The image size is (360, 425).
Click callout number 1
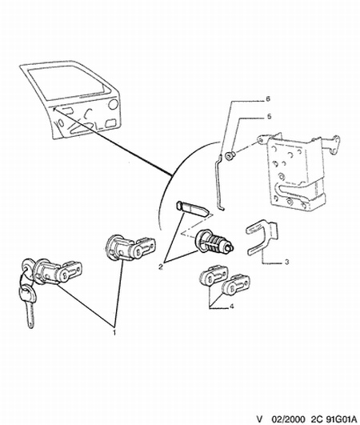pyautogui.click(x=114, y=332)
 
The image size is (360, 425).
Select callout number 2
pyautogui.click(x=161, y=267)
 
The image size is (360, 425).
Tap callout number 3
pyautogui.click(x=287, y=262)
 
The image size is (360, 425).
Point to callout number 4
pyautogui.click(x=232, y=307)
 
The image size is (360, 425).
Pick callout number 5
pyautogui.click(x=269, y=117)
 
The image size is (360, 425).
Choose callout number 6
pyautogui.click(x=268, y=98)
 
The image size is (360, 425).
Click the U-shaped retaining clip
pyautogui.click(x=262, y=237)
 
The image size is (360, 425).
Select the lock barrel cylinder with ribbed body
pyautogui.click(x=215, y=242)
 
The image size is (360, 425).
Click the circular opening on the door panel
pyautogui.click(x=113, y=104)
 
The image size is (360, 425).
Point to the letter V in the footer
pyautogui.click(x=259, y=419)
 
